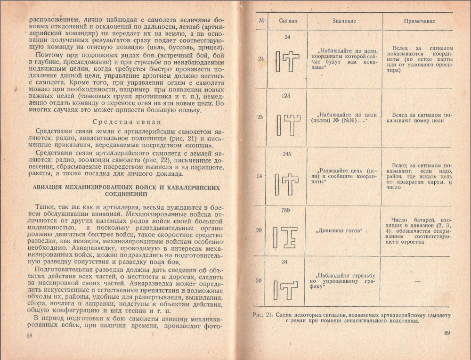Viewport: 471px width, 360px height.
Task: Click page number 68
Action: [29, 335]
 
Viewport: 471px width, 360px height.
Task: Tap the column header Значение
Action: [344, 21]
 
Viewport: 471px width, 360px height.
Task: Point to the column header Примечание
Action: [420, 21]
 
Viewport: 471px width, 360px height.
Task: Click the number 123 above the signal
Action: [285, 96]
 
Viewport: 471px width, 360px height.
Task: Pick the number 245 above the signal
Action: [287, 154]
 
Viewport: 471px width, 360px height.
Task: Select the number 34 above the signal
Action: [284, 262]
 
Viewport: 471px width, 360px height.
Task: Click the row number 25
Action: [260, 117]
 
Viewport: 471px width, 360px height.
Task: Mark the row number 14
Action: [260, 176]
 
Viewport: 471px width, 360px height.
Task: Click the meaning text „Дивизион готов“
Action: [339, 230]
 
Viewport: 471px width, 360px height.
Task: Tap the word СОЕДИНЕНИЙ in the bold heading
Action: [127, 194]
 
